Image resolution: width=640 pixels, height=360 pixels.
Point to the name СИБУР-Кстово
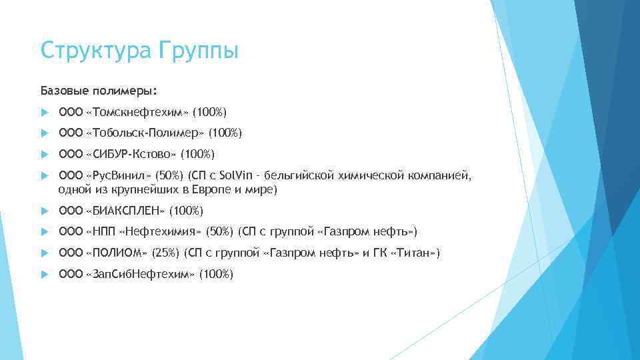click(x=132, y=155)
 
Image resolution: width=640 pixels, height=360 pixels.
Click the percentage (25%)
click(x=165, y=253)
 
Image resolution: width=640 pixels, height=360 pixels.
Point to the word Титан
click(x=416, y=253)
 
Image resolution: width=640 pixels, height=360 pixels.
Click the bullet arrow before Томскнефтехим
click(x=45, y=112)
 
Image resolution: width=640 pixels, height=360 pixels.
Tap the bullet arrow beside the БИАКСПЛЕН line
click(x=45, y=211)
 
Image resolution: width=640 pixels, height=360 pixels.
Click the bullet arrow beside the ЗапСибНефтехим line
click(x=45, y=274)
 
